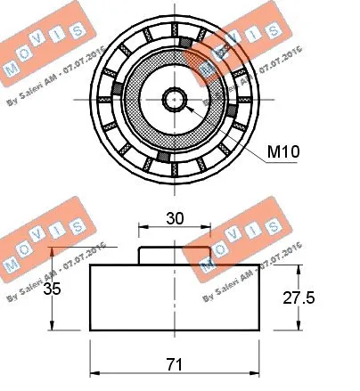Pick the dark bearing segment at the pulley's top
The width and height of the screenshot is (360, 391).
click(x=185, y=44)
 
